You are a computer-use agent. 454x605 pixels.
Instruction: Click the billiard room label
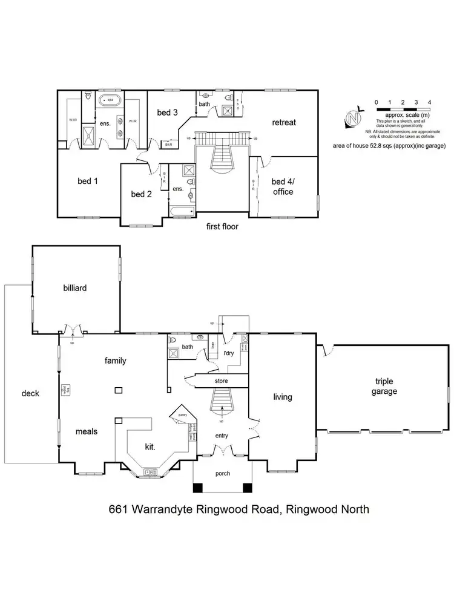click(75, 288)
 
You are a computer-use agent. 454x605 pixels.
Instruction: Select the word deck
click(30, 393)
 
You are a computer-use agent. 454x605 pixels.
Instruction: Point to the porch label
click(223, 473)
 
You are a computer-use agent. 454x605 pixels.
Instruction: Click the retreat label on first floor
click(284, 122)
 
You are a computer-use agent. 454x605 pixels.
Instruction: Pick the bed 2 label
click(141, 194)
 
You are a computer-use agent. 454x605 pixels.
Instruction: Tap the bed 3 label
click(167, 112)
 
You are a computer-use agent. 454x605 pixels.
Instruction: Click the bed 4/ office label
click(282, 186)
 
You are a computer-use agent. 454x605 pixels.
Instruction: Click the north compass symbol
click(352, 118)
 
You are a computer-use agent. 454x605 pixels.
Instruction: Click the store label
click(220, 382)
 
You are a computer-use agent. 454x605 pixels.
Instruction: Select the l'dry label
click(229, 352)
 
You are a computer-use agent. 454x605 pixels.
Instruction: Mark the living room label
click(283, 397)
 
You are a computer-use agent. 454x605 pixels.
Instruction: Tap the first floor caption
click(223, 227)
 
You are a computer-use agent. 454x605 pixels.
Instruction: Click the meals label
click(87, 431)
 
